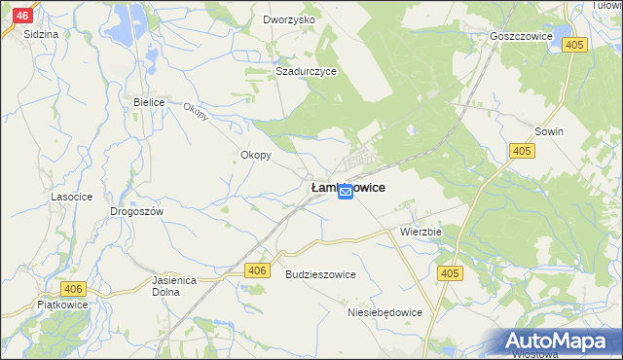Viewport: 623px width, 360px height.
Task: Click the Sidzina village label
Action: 41,33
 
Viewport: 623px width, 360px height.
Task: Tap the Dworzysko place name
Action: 289,19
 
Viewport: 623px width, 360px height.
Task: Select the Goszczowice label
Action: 522,36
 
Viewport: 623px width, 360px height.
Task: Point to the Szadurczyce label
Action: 306,71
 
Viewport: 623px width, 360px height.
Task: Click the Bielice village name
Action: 151,101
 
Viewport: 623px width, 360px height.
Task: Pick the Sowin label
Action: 550,130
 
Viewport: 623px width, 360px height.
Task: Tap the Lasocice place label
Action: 71,197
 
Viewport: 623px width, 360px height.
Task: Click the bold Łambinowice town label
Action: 347,185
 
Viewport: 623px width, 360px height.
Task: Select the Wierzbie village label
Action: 421,233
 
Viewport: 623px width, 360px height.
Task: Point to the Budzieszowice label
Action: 320,274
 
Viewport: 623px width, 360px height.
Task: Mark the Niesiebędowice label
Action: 385,312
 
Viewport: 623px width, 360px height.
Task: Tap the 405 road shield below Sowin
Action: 522,150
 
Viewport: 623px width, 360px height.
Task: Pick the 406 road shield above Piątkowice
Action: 73,289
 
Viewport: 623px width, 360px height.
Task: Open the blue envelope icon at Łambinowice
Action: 346,194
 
